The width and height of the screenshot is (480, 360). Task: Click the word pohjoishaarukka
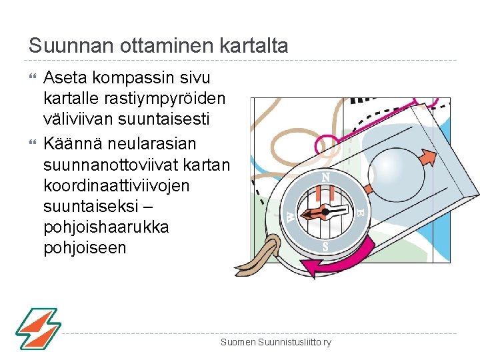pyautogui.click(x=106, y=227)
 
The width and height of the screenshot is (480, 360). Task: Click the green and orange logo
pyautogui.click(x=38, y=328)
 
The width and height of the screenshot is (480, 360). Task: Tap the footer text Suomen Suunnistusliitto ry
pyautogui.click(x=276, y=342)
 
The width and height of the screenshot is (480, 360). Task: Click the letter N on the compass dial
pyautogui.click(x=325, y=177)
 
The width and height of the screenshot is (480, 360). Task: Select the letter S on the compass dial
pyautogui.click(x=325, y=246)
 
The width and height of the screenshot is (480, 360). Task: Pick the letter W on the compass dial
pyautogui.click(x=291, y=215)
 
